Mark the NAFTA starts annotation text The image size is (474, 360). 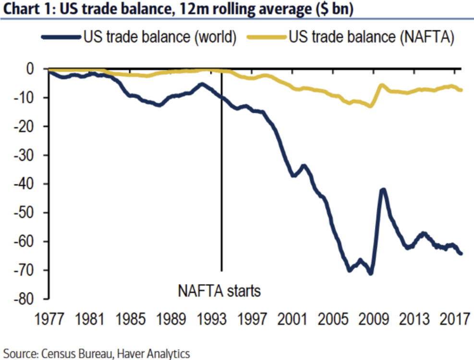pyautogui.click(x=219, y=291)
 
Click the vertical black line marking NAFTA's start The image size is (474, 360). pyautogui.click(x=221, y=192)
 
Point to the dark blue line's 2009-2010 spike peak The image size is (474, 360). pyautogui.click(x=383, y=190)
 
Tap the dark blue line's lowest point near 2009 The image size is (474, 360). pyautogui.click(x=370, y=273)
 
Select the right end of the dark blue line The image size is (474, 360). pyautogui.click(x=461, y=253)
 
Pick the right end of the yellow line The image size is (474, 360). pyautogui.click(x=461, y=90)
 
